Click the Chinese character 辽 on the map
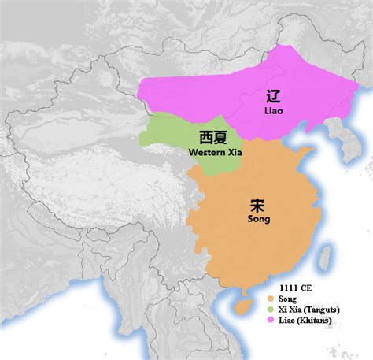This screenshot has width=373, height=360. (x=273, y=98)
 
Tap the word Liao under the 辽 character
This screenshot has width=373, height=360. (x=273, y=112)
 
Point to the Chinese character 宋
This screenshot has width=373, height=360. (x=257, y=204)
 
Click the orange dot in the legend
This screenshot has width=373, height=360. (x=271, y=299)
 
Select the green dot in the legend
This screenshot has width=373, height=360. (x=271, y=310)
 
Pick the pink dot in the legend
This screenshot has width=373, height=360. (x=271, y=320)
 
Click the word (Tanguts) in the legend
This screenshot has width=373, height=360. (x=327, y=310)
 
